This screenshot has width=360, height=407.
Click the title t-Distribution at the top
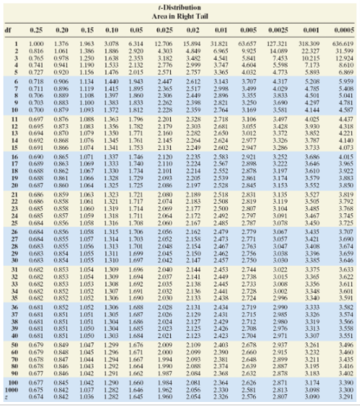coord(180,4)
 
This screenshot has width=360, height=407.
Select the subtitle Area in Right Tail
coord(180,13)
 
